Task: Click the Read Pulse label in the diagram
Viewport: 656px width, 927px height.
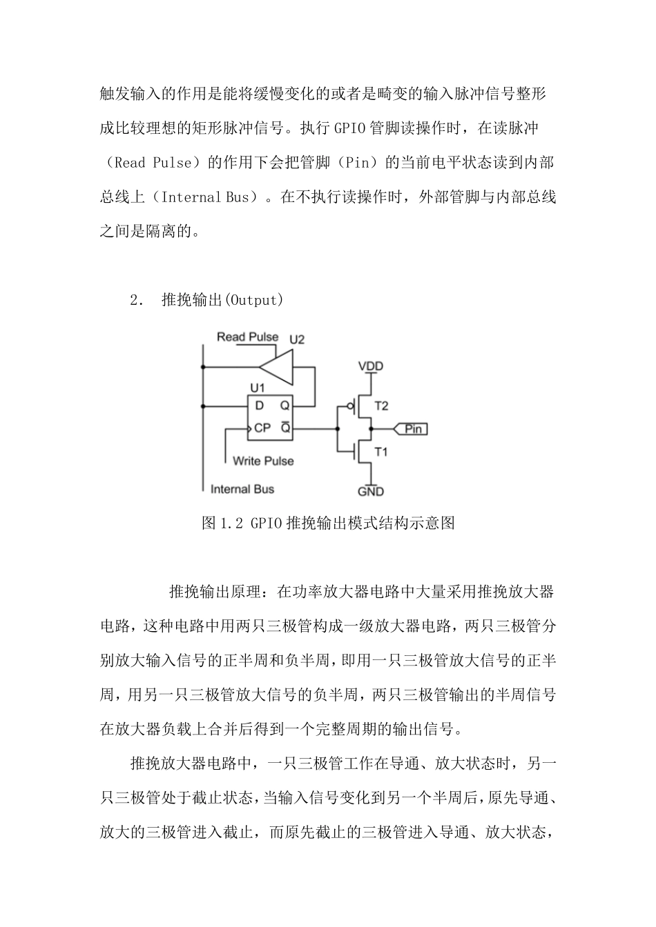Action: pos(247,337)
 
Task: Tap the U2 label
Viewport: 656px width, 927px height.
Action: pos(296,339)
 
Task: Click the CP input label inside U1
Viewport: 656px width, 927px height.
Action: pos(262,428)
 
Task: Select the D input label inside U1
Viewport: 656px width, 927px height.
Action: pos(259,406)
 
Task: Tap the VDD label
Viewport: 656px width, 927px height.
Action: pos(371,366)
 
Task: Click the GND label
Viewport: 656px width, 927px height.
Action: pos(371,491)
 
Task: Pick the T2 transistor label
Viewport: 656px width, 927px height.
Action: pos(381,406)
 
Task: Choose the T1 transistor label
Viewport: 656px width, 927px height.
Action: pos(381,452)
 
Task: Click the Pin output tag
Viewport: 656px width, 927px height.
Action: pos(412,429)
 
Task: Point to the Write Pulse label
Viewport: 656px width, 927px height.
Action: pos(263,460)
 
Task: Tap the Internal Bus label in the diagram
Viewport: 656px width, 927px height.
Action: pos(242,489)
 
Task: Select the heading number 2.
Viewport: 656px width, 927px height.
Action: pos(135,300)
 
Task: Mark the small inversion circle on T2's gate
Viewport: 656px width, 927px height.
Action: pos(351,406)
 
